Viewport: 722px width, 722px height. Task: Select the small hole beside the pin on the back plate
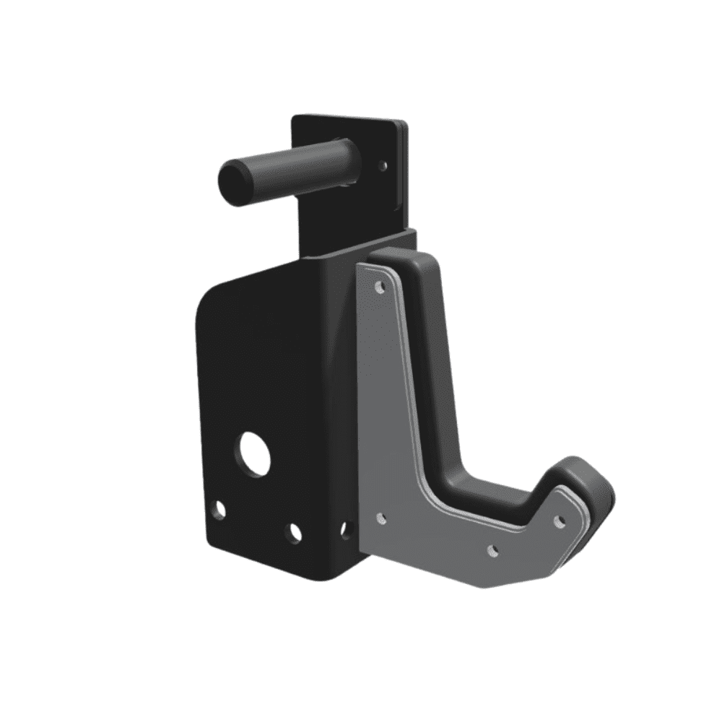coord(383,165)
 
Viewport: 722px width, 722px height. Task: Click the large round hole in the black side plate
coord(253,453)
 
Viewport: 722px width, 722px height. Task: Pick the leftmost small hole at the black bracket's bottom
coord(218,511)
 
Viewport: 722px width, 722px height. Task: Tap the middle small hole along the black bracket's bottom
coord(293,533)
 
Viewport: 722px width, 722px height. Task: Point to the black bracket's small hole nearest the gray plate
coord(345,531)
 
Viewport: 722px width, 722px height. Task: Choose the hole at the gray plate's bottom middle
coord(493,550)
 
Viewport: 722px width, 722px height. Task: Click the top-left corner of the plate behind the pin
coord(294,118)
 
